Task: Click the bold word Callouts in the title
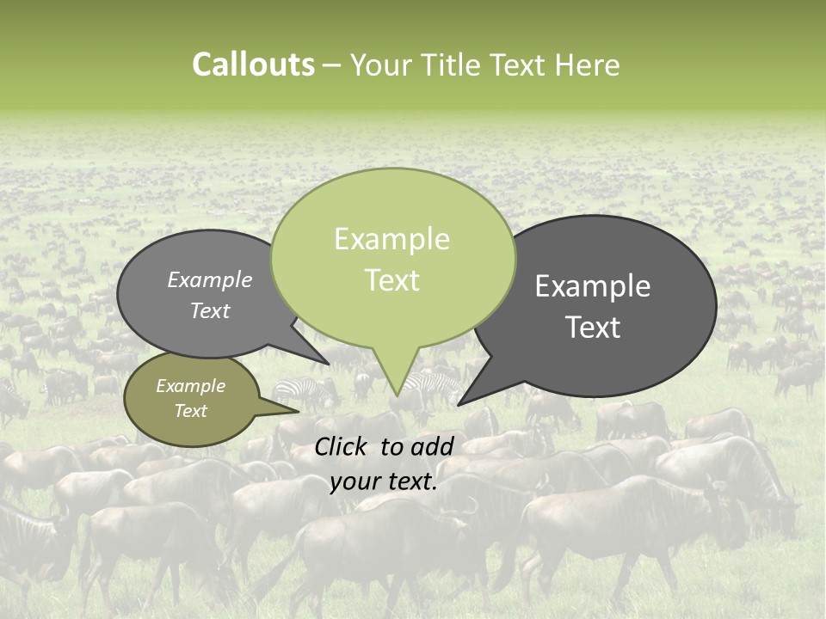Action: coord(253,64)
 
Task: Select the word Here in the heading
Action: coord(587,64)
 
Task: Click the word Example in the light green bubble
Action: coord(391,239)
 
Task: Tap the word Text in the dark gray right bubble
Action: coord(594,328)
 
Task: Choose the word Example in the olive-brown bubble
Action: coord(190,386)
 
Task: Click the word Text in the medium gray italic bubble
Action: coord(209,311)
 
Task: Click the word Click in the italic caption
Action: coord(341,446)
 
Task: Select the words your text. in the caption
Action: coord(383,481)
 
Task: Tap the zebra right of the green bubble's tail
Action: coord(430,384)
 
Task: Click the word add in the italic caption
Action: coord(432,446)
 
